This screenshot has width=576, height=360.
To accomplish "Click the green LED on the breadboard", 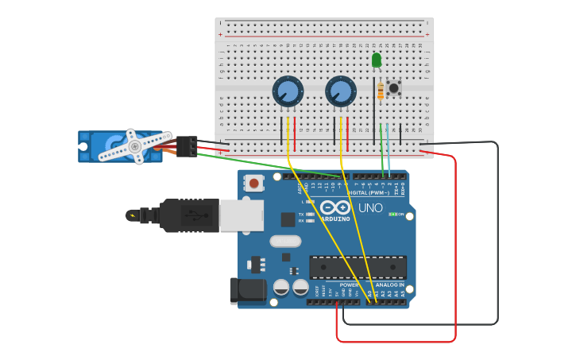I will click(x=377, y=60).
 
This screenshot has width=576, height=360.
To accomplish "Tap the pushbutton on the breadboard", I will click(x=393, y=87).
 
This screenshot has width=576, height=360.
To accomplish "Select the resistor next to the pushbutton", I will click(x=381, y=91).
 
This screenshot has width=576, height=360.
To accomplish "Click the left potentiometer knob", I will click(x=287, y=91).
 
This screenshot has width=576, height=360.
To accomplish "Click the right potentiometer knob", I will click(x=340, y=91).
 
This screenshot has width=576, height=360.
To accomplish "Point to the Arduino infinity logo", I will click(x=336, y=208).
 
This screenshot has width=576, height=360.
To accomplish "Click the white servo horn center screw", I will click(x=135, y=146).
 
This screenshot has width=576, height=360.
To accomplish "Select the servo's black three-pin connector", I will click(x=187, y=146).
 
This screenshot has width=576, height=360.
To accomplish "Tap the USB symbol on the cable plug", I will click(x=191, y=215).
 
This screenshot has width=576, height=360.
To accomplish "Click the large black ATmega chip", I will click(x=358, y=267).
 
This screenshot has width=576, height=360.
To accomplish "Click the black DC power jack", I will click(x=248, y=291).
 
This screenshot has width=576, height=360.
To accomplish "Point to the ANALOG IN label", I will click(x=389, y=285).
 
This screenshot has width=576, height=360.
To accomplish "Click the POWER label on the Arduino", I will click(x=349, y=285).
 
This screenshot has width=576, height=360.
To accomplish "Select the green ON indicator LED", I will click(x=391, y=214).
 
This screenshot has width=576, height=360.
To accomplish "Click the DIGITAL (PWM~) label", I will click(x=369, y=192).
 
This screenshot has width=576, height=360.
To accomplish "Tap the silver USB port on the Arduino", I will click(x=242, y=215).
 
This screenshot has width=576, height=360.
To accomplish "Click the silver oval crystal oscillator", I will click(x=285, y=241).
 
